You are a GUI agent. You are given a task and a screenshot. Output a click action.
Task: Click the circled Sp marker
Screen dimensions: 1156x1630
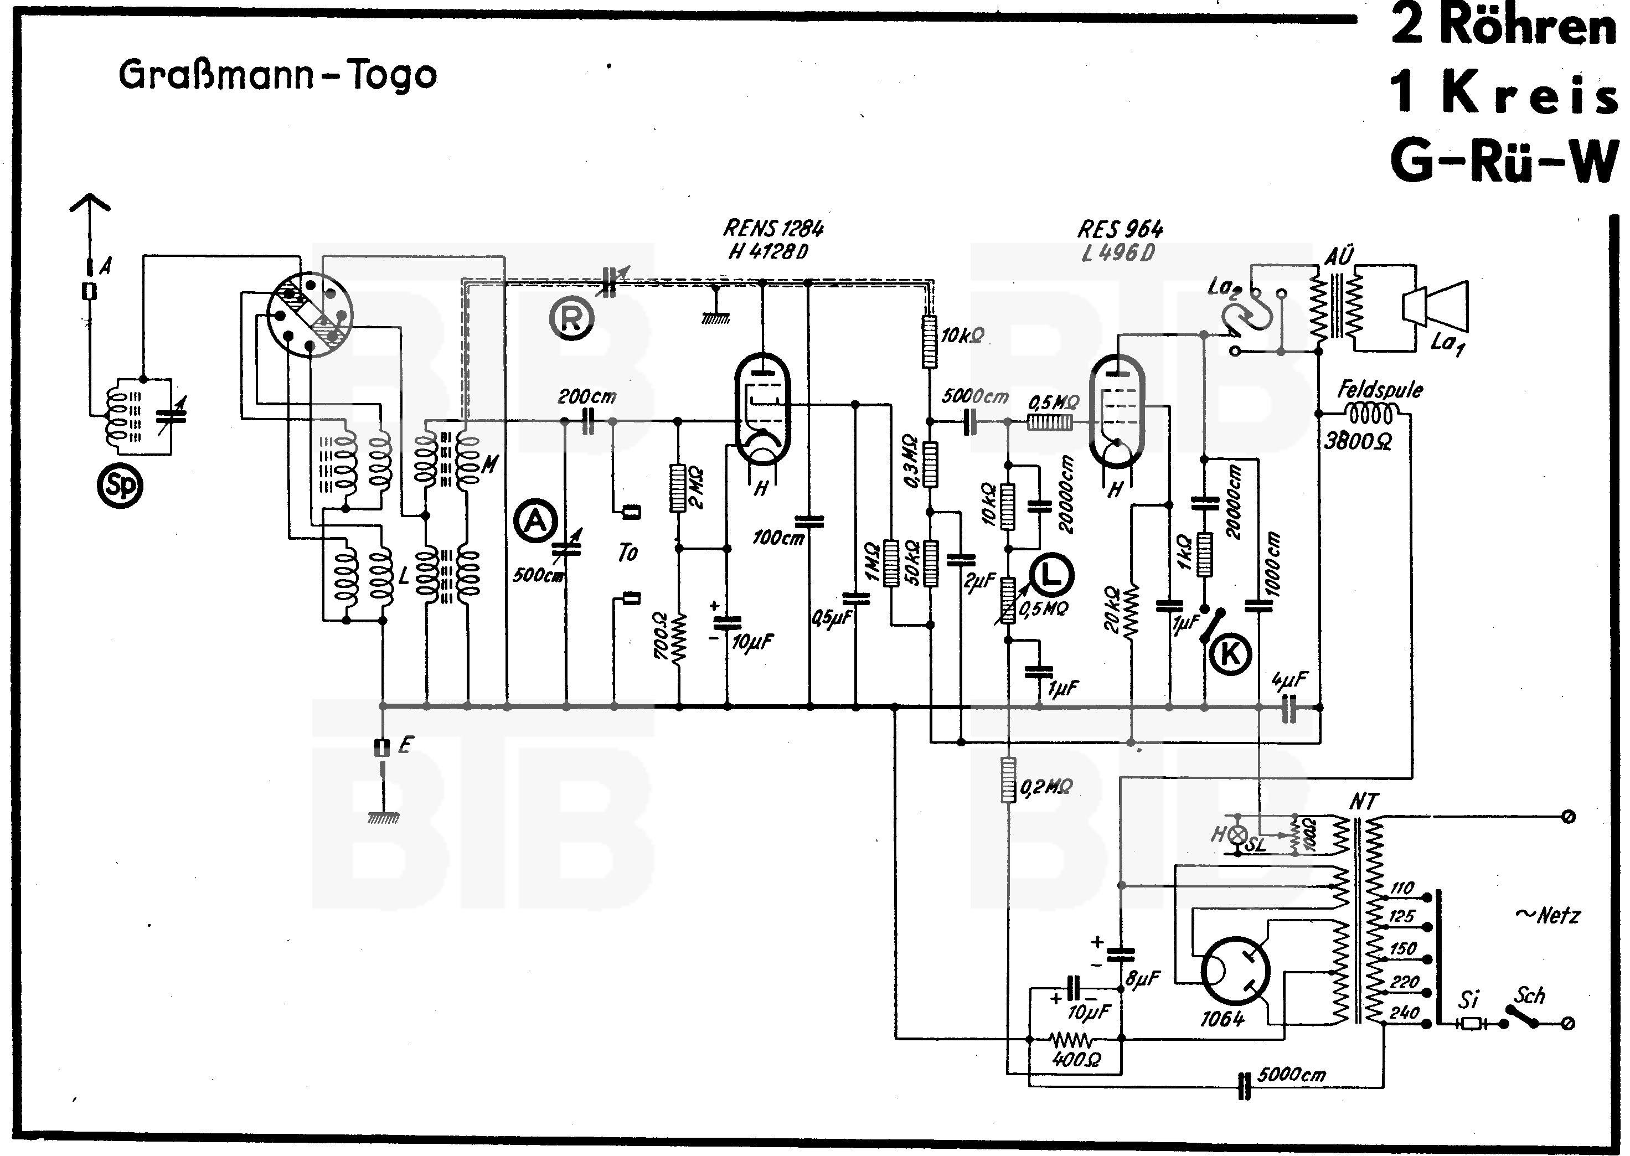(120, 486)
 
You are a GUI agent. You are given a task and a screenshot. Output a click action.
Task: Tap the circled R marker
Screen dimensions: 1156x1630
(571, 318)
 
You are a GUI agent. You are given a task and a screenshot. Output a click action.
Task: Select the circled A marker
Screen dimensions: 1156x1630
(535, 522)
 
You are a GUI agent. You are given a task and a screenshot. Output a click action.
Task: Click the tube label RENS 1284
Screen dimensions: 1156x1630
(773, 229)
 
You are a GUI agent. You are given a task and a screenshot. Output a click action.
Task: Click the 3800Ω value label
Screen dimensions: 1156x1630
(1358, 441)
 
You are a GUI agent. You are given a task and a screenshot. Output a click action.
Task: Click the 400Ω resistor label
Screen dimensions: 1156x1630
(1076, 1060)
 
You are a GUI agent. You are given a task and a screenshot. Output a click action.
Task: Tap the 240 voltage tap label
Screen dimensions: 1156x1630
(1404, 1011)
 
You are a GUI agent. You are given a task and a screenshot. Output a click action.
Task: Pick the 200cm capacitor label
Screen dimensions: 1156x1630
(586, 396)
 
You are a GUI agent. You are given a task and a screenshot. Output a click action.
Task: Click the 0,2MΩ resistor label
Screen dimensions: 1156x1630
(1046, 787)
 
